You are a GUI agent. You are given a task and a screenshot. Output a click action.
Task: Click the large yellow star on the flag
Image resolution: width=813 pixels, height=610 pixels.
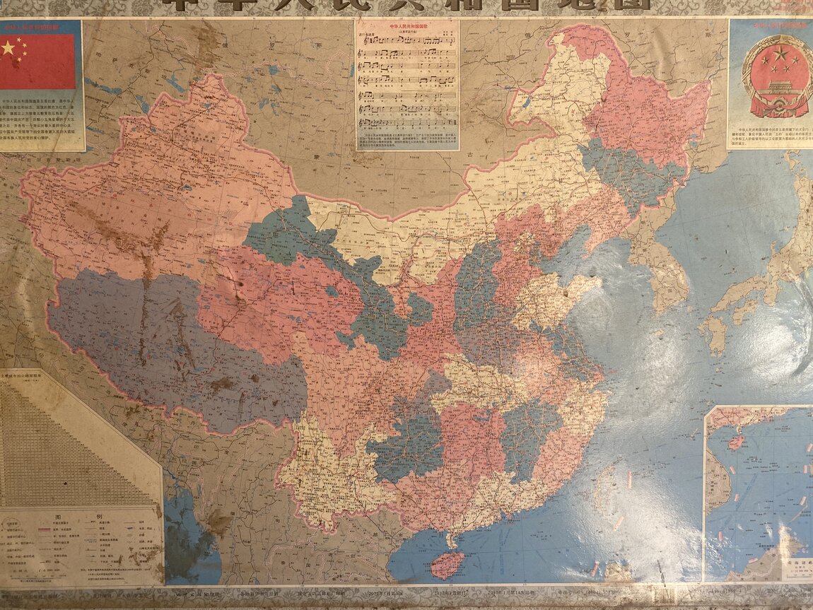[8, 48]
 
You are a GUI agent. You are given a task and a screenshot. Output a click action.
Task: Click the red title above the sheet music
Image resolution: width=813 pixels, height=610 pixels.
[406, 27]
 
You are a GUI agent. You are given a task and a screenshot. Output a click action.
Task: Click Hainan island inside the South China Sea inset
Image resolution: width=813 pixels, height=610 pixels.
[736, 442]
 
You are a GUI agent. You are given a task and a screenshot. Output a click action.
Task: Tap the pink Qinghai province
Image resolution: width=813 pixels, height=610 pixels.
[276, 297]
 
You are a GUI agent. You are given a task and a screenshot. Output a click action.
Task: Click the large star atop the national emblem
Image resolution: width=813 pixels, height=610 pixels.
[780, 53]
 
